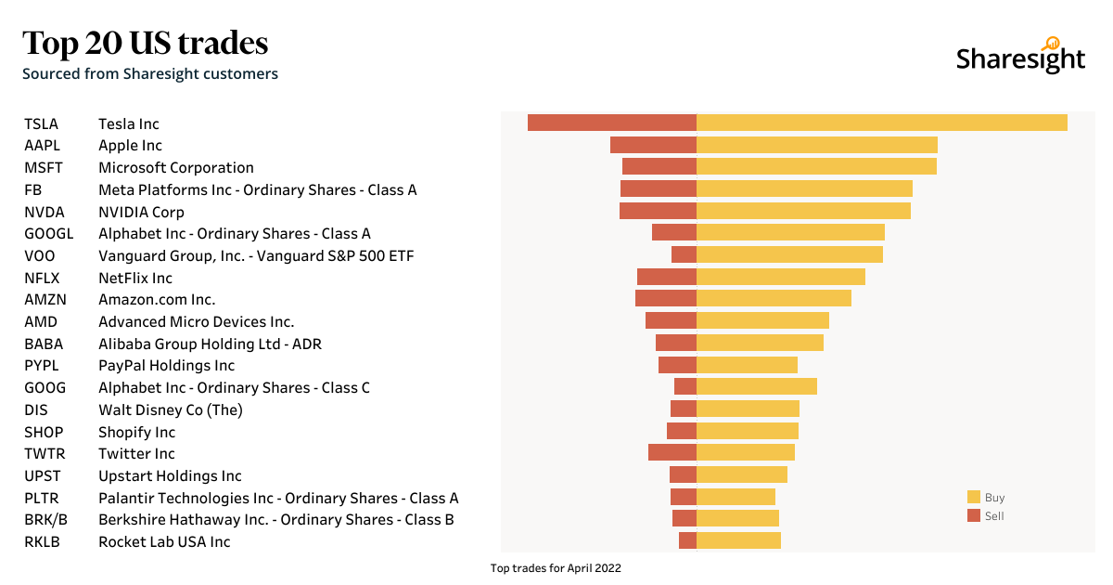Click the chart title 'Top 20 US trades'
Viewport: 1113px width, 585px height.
pos(146,44)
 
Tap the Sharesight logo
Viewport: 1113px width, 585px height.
pos(1020,58)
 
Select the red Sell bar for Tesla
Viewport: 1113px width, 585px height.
pos(612,123)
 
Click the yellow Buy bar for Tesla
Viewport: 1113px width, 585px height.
pos(881,123)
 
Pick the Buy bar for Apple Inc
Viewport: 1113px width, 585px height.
pos(816,145)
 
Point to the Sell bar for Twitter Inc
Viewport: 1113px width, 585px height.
pos(672,452)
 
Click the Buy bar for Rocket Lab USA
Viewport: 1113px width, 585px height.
pos(738,540)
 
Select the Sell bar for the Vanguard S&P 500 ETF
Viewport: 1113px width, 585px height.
pos(684,254)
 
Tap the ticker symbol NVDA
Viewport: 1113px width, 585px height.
pos(45,212)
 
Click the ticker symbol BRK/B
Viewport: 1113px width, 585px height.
pos(45,520)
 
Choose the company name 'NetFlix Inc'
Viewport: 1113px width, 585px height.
pos(135,278)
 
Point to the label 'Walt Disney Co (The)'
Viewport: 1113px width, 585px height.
pos(171,409)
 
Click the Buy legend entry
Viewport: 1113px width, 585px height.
pos(986,498)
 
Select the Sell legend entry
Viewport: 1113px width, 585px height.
pos(986,516)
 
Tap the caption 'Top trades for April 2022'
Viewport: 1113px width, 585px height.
pos(556,568)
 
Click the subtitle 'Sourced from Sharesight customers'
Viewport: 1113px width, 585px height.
pos(150,73)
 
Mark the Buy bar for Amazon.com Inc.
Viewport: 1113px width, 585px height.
pos(774,298)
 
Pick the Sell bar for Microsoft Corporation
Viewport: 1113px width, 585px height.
pos(659,166)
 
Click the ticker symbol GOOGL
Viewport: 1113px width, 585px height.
pos(48,234)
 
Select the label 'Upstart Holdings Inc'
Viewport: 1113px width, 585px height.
pos(170,475)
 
